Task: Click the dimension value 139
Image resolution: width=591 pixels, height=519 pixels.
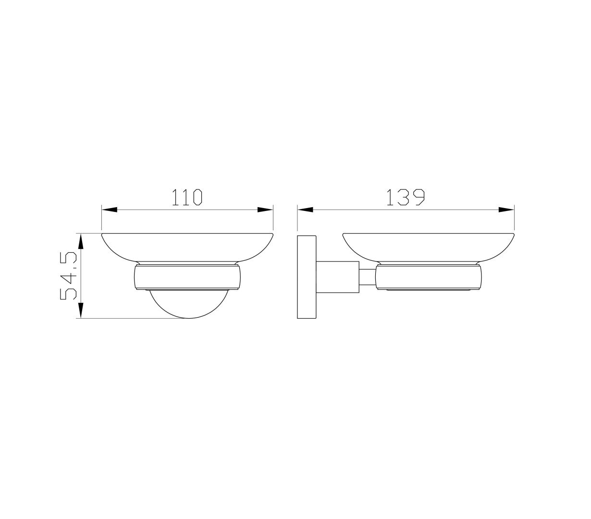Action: (x=405, y=197)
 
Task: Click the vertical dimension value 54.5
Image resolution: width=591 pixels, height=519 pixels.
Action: (x=68, y=276)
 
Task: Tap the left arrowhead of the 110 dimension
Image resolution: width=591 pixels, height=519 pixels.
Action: (x=109, y=210)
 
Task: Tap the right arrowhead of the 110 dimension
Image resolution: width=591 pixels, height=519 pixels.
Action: (x=265, y=210)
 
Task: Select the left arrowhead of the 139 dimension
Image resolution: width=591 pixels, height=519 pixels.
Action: (x=305, y=210)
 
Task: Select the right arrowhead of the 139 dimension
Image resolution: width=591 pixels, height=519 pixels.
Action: (x=506, y=210)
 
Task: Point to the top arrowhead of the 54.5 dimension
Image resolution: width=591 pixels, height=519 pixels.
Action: (x=81, y=241)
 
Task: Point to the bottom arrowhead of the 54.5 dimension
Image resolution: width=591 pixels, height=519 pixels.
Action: (x=81, y=310)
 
